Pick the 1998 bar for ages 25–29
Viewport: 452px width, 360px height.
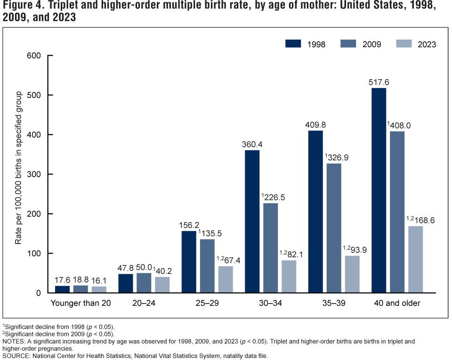tap(188, 262)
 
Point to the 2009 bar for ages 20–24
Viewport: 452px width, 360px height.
tap(144, 283)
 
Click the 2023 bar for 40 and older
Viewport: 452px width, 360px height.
tap(415, 259)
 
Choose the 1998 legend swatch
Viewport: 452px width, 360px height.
tap(293, 44)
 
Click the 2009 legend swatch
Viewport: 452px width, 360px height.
tap(349, 44)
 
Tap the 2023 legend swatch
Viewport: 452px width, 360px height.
tap(404, 44)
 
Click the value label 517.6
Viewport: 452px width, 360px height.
tap(379, 82)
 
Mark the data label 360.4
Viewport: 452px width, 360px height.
tap(252, 144)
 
